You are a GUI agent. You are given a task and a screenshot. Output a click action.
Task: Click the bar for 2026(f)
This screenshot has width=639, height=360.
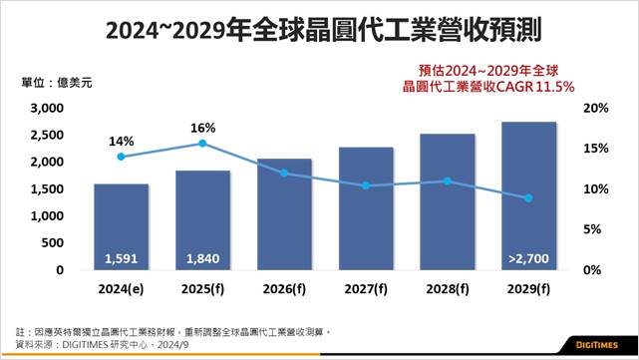pyautogui.click(x=284, y=214)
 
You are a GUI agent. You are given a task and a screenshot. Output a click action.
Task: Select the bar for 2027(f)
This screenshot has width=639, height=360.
pyautogui.click(x=366, y=208)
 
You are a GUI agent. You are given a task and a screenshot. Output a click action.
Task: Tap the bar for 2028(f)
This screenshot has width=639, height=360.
pyautogui.click(x=448, y=201)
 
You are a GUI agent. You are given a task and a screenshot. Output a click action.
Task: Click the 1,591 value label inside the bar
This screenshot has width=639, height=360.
pyautogui.click(x=121, y=258)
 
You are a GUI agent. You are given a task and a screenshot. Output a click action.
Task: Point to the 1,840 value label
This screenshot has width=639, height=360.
pyautogui.click(x=202, y=258)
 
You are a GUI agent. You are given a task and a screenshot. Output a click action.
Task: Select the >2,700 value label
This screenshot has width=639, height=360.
pyautogui.click(x=528, y=258)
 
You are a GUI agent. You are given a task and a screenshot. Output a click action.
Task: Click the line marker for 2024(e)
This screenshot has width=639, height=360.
pyautogui.click(x=121, y=157)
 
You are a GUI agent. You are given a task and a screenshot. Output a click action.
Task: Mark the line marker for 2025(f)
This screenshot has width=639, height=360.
pyautogui.click(x=202, y=144)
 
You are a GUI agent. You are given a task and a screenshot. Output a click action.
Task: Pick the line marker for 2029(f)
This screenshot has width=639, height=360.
pyautogui.click(x=528, y=198)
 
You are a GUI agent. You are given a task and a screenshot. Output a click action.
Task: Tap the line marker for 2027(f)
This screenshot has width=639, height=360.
pyautogui.click(x=366, y=185)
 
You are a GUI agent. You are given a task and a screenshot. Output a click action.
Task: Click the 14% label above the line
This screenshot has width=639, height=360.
pyautogui.click(x=121, y=142)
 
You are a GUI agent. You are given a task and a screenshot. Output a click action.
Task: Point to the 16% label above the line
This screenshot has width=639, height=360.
pyautogui.click(x=203, y=128)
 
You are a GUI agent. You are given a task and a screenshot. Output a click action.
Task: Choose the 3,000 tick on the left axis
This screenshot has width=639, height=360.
pyautogui.click(x=47, y=108)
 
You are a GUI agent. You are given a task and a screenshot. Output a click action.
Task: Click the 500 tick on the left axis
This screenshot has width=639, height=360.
pyautogui.click(x=53, y=242)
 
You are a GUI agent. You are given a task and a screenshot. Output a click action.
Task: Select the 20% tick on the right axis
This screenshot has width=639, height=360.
pyautogui.click(x=596, y=108)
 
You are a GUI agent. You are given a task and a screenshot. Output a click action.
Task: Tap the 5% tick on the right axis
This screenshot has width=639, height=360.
pyautogui.click(x=592, y=229)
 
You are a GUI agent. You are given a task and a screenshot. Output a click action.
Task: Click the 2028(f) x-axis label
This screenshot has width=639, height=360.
pyautogui.click(x=448, y=289)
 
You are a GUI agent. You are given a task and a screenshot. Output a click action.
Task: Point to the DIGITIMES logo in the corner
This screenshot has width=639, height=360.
pyautogui.click(x=596, y=345)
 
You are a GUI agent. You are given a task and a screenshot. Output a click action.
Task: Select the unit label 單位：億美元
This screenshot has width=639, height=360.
pyautogui.click(x=57, y=83)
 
